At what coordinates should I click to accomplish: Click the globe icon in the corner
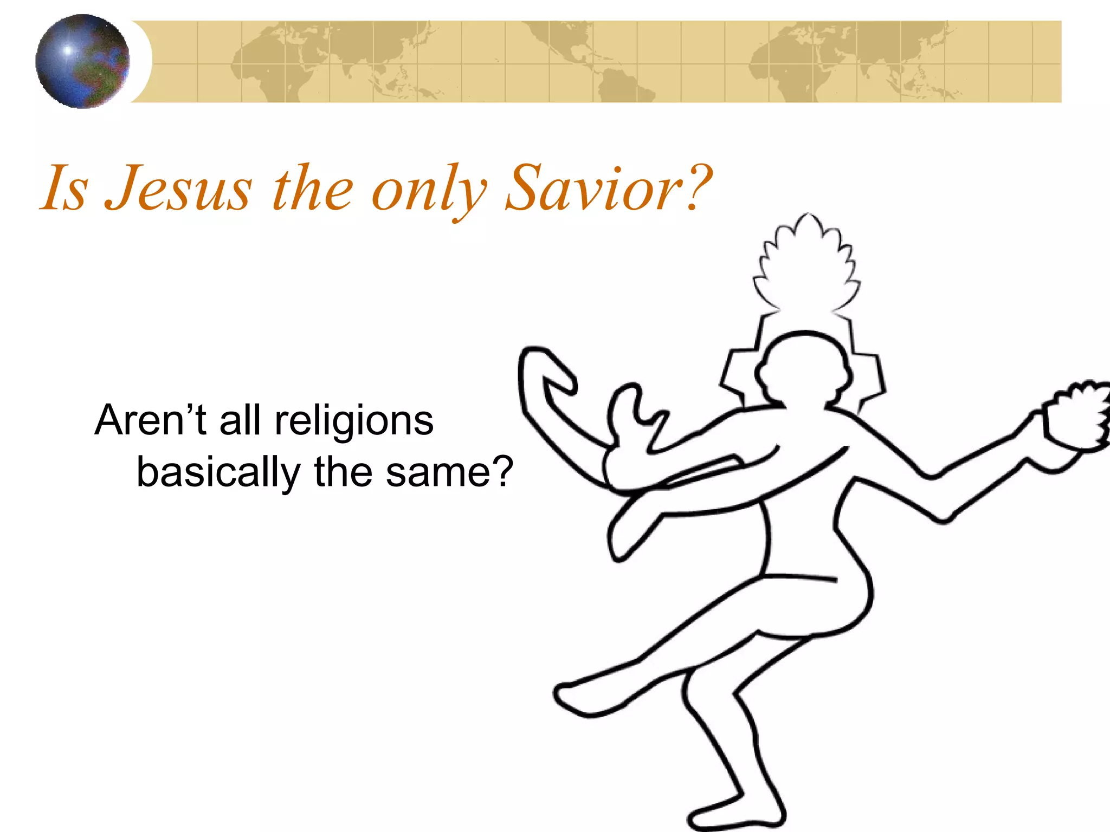82,61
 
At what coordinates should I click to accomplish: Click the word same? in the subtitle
449,472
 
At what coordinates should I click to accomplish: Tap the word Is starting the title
65,188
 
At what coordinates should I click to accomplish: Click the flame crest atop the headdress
806,265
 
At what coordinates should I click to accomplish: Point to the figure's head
802,368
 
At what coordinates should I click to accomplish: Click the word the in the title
313,188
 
